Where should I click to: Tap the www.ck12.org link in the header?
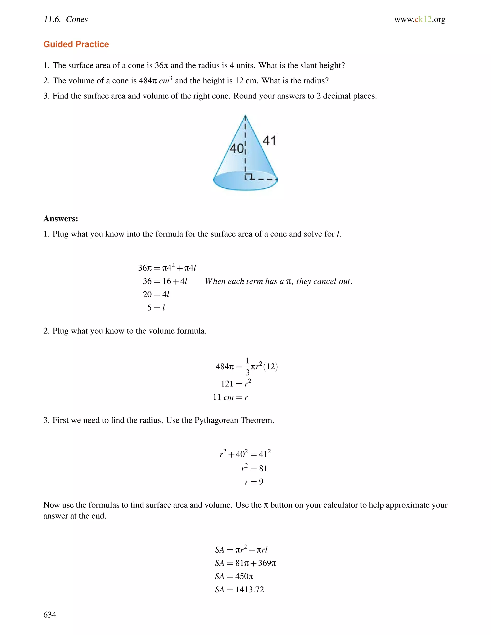pos(420,19)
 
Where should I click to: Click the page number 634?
pos(50,614)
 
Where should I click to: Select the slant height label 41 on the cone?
pos(269,141)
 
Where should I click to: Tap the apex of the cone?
pos(245,116)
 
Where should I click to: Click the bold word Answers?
pos(61,218)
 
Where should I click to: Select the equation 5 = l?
pos(156,308)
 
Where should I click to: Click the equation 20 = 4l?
pos(156,294)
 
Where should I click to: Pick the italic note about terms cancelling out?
pos(278,281)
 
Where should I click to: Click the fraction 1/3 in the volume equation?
pos(247,367)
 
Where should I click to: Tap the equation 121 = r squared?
pos(236,383)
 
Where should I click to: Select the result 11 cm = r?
pos(230,397)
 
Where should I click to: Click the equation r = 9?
pos(254,482)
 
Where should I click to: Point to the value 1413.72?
pos(250,589)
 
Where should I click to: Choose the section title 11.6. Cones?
pos(66,19)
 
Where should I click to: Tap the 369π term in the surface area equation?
pos(267,563)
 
